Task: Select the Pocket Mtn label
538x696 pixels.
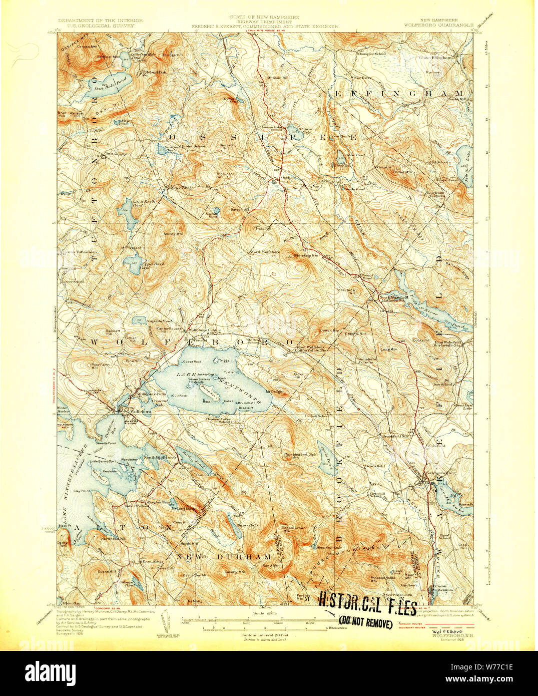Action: coord(403,172)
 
